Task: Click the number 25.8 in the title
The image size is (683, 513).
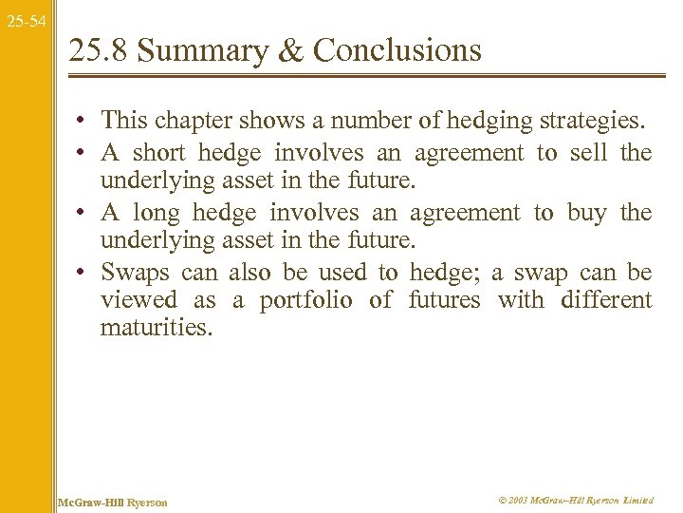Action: (x=98, y=49)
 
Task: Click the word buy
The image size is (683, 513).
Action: (x=586, y=213)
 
